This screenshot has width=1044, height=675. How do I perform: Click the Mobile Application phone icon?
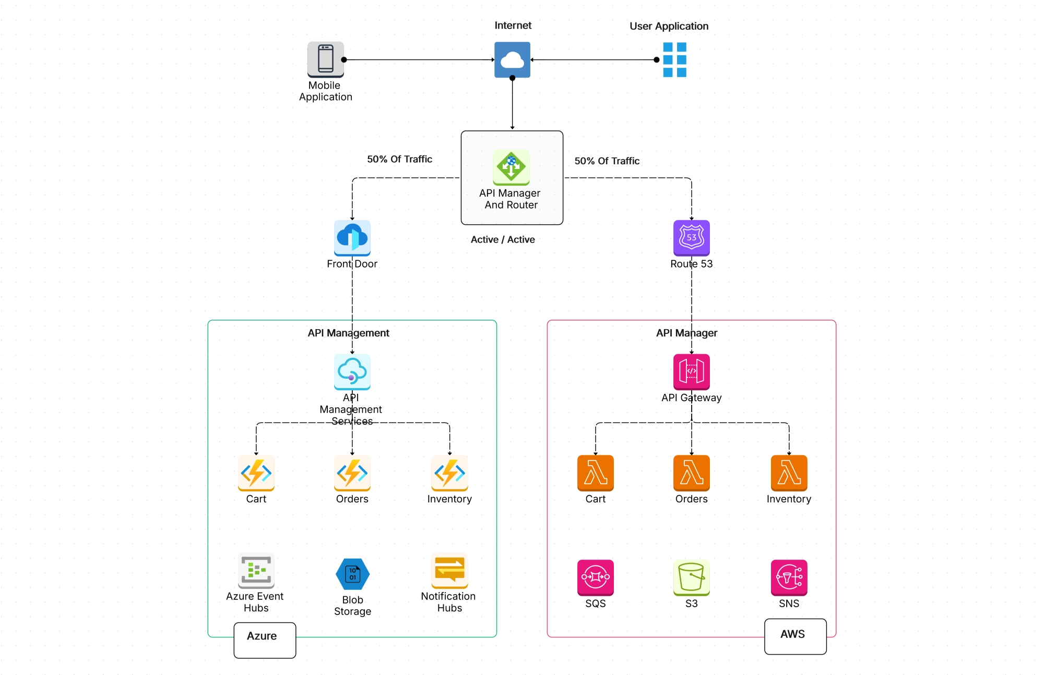(325, 59)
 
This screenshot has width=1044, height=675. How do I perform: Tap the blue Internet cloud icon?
(512, 59)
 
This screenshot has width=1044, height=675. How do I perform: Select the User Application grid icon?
(674, 59)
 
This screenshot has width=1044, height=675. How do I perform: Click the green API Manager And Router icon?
(511, 167)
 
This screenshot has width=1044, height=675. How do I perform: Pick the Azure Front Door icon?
(352, 237)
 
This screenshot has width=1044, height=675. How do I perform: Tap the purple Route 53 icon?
(691, 237)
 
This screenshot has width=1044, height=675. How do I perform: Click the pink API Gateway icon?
(691, 371)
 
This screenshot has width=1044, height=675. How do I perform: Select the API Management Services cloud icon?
(352, 371)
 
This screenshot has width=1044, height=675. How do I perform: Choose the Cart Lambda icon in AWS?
(595, 473)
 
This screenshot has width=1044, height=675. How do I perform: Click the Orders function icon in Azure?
(352, 473)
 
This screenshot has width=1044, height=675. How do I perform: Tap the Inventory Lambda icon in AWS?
(789, 473)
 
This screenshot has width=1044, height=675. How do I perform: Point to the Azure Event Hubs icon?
(256, 570)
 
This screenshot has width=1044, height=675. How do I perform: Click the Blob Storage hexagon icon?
(352, 574)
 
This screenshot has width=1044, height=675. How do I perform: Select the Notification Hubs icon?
(449, 570)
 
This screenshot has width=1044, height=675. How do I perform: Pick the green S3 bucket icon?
(691, 577)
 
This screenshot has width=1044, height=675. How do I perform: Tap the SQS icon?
(595, 577)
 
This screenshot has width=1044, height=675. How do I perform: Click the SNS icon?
(789, 577)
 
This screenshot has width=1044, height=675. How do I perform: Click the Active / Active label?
(503, 239)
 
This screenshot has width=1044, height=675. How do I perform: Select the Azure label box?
(265, 640)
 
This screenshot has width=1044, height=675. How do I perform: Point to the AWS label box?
(795, 636)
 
